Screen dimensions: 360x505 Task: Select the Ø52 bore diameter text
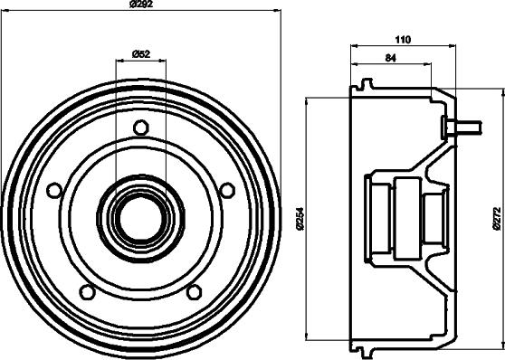[140, 53]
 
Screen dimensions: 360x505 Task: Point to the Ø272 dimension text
[497, 216]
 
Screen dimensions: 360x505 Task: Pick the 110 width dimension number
[403, 38]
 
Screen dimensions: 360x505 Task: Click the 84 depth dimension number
[390, 58]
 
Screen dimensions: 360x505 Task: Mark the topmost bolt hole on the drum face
[140, 127]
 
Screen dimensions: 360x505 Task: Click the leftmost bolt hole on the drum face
[54, 190]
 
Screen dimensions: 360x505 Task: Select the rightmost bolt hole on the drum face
[227, 190]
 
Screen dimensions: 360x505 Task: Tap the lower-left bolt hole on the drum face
[87, 291]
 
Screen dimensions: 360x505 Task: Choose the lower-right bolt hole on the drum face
[194, 291]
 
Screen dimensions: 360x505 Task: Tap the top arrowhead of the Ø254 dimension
[309, 102]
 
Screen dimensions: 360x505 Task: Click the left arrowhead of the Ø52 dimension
[119, 62]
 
